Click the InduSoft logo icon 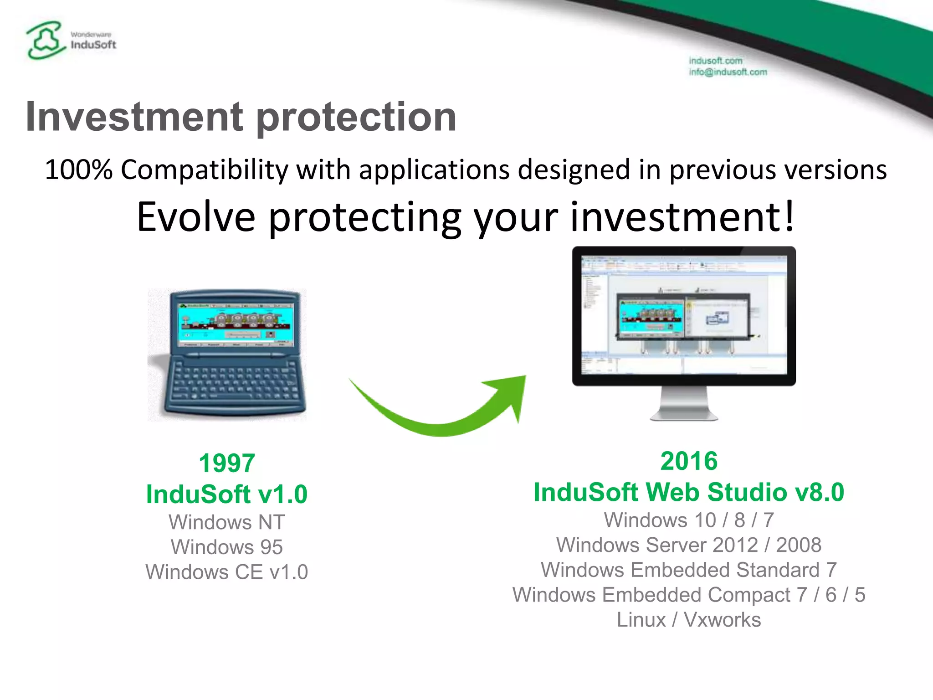pos(45,40)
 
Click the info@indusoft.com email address pos(728,72)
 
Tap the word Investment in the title pos(134,117)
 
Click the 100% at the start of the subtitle pos(78,170)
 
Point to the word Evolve pos(196,217)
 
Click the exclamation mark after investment pos(789,217)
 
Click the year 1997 pos(226,463)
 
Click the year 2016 pos(689,461)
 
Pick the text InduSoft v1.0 pos(226,494)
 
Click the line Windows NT pos(226,522)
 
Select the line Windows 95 pos(226,547)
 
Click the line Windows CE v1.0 pos(226,572)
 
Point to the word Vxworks pos(722,620)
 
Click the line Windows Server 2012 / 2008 pos(689,546)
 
